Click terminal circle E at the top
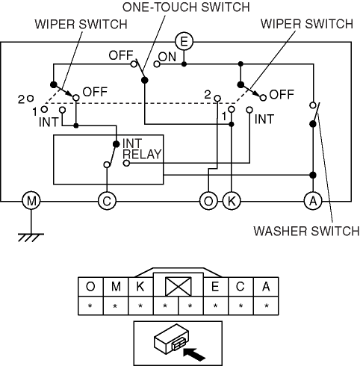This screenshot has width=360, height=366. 184,42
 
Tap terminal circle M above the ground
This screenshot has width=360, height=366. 31,200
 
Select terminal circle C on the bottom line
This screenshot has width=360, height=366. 107,200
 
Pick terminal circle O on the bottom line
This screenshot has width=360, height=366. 208,200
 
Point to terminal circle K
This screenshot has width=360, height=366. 232,200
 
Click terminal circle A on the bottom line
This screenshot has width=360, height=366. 313,200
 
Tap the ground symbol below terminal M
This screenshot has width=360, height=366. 31,238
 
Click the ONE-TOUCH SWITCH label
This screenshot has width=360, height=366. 186,7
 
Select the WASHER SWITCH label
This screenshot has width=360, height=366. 306,231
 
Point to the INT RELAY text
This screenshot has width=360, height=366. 142,149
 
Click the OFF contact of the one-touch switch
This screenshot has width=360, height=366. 134,64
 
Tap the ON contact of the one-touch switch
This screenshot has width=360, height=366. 157,64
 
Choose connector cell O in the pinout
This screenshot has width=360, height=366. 90,287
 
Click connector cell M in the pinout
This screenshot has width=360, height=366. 116,287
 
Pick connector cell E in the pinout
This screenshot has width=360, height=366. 216,287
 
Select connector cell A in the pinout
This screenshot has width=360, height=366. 266,287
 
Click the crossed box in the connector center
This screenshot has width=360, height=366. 179,286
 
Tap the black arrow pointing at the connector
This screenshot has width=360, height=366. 194,354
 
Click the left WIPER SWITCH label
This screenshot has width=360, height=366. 81,24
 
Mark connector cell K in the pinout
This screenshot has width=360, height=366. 140,287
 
